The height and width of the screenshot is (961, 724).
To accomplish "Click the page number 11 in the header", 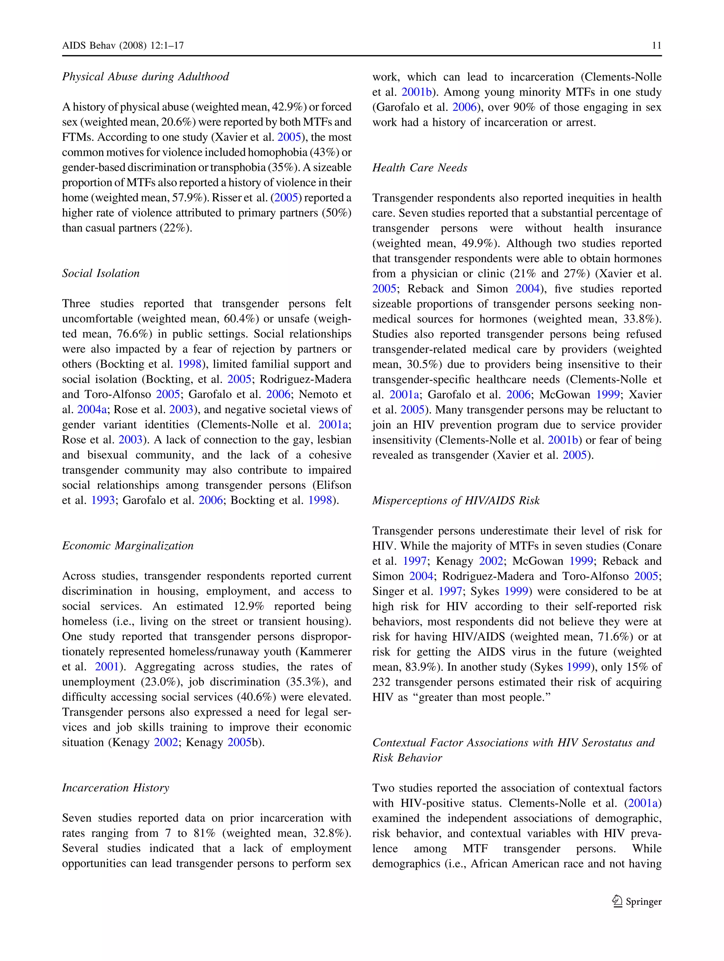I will [x=656, y=46].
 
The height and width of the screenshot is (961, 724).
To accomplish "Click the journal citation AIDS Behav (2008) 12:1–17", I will [x=123, y=46].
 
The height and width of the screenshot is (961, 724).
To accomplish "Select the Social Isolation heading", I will [x=100, y=273].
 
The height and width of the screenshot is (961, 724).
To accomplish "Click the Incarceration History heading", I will [x=115, y=788].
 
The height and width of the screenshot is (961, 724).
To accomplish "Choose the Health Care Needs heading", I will [x=420, y=168].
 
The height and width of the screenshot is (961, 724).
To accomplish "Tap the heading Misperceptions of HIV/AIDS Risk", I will [x=456, y=500].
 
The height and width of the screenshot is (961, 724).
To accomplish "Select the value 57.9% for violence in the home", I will [x=189, y=198].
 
